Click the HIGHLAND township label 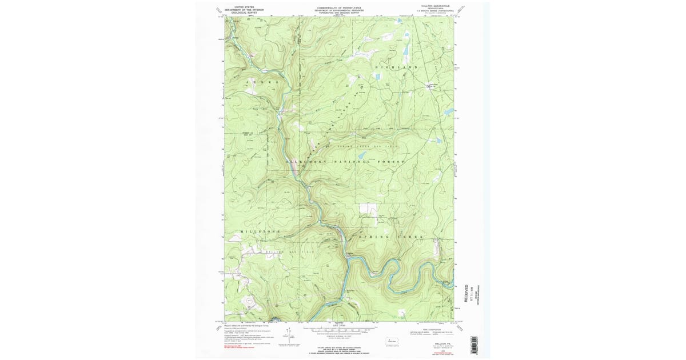pos(396,67)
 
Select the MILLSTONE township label pos(260,231)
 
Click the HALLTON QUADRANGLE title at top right pos(436,6)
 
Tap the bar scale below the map pos(339,330)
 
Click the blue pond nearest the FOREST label pos(438,140)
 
